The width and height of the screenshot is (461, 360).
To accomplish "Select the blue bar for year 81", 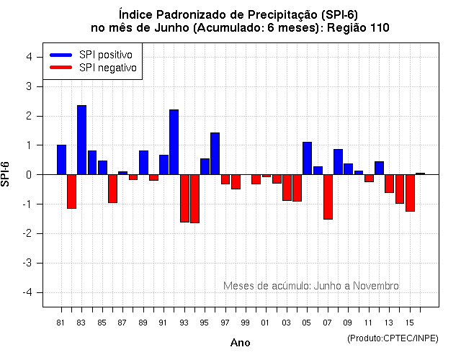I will click(61, 159).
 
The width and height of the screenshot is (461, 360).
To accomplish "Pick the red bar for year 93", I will click(184, 198).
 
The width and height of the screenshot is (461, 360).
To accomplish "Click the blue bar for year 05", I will click(307, 158).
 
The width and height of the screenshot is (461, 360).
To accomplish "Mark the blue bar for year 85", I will click(102, 167).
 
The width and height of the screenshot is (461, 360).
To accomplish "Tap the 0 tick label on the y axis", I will click(28, 174).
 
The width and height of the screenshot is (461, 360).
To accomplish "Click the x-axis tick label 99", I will click(246, 323).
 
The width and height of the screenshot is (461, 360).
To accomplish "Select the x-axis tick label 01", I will click(266, 323).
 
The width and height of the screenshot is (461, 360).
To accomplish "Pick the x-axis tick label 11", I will click(369, 323).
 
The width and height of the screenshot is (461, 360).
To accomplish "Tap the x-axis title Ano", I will click(240, 343).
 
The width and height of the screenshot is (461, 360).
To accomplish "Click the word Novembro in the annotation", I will click(377, 286).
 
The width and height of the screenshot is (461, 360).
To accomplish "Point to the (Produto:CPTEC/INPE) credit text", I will click(393, 338).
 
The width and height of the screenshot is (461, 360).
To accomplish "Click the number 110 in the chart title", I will click(378, 28).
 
